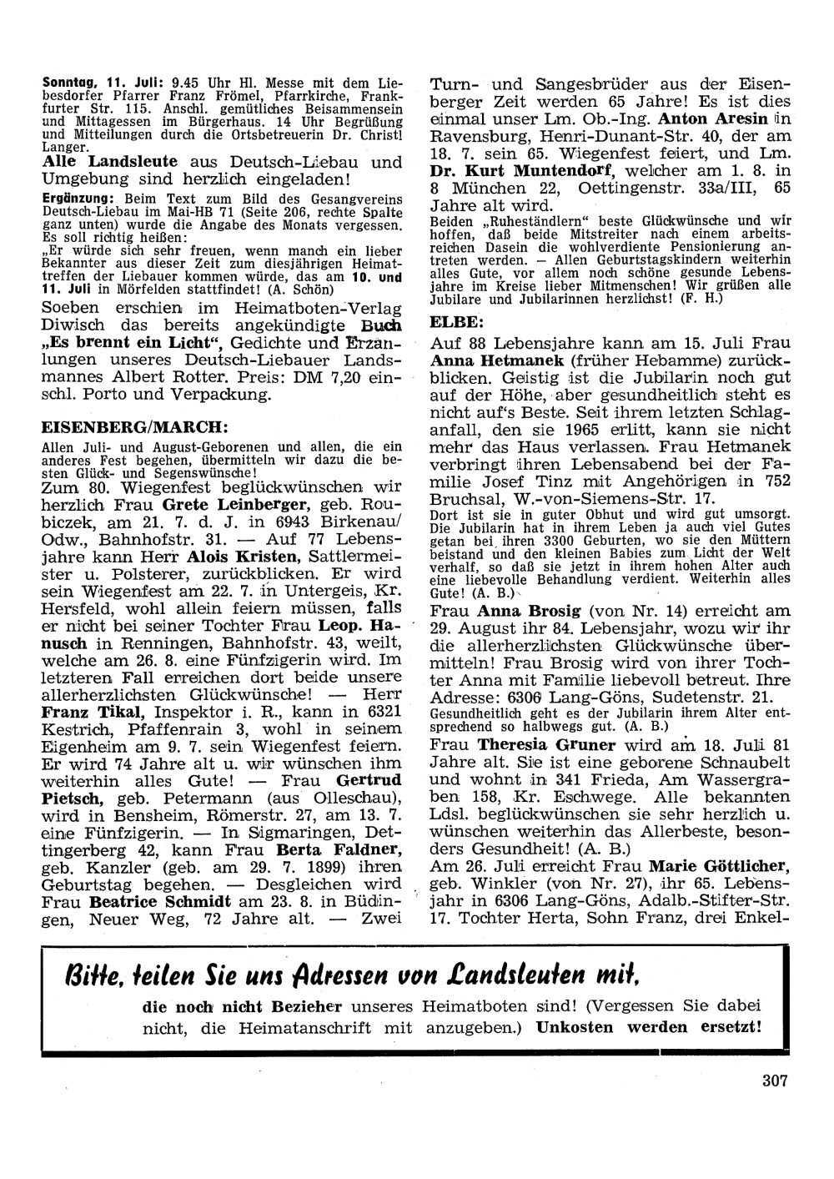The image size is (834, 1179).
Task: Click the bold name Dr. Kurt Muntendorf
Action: tap(522, 171)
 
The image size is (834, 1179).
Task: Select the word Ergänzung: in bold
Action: tap(79, 199)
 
